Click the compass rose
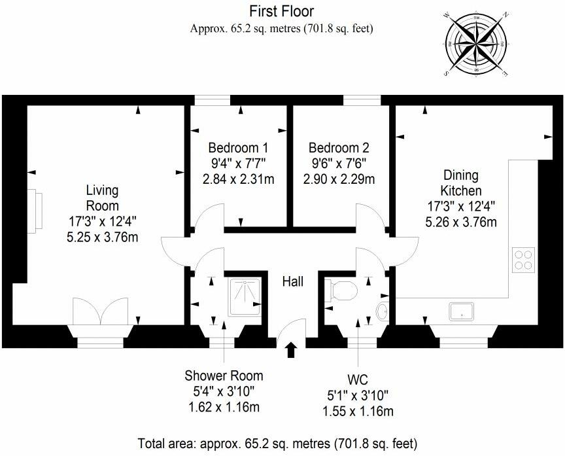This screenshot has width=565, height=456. pyautogui.click(x=476, y=44)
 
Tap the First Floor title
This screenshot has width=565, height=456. pyautogui.click(x=282, y=12)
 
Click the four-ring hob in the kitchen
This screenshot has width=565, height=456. pyautogui.click(x=523, y=260)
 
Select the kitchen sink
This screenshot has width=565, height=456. pyautogui.click(x=462, y=311)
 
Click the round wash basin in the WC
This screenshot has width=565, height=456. pyautogui.click(x=383, y=311)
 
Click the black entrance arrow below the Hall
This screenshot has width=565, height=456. pyautogui.click(x=291, y=349)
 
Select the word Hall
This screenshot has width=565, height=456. pyautogui.click(x=292, y=281)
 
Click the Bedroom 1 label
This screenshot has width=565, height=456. pyautogui.click(x=238, y=148)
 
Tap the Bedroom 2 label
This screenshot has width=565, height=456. pyautogui.click(x=339, y=148)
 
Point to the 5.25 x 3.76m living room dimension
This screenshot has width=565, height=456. pyautogui.click(x=103, y=237)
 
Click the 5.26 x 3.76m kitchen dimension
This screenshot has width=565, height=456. pyautogui.click(x=461, y=222)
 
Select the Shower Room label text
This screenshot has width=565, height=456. pyautogui.click(x=224, y=376)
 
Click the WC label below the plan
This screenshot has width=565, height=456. pyautogui.click(x=358, y=379)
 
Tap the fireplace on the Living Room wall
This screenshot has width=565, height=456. pyautogui.click(x=35, y=211)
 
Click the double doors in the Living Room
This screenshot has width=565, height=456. pyautogui.click(x=101, y=311)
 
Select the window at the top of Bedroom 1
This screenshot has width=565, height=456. pyautogui.click(x=213, y=100)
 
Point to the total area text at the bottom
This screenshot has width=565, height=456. pyautogui.click(x=277, y=444)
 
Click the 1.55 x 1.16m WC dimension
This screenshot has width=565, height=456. pyautogui.click(x=358, y=412)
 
